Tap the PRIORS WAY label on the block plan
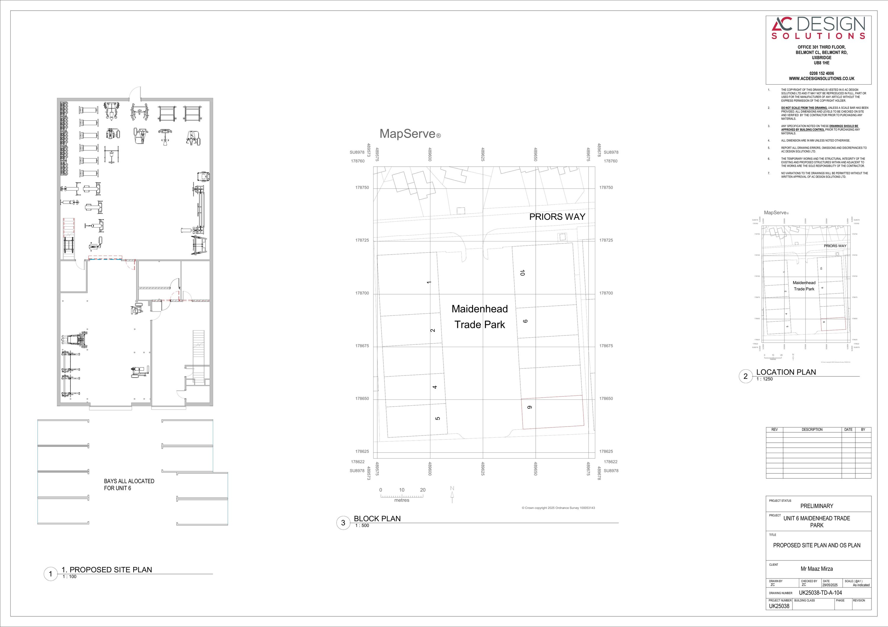click(557, 217)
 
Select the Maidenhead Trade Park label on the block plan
click(480, 317)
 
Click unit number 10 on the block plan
click(522, 273)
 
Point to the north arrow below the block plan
click(452, 495)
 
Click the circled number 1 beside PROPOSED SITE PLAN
click(50, 574)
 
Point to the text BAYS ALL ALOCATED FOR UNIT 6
click(129, 485)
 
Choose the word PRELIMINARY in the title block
click(816, 506)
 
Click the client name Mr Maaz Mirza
click(816, 569)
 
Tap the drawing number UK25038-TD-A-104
click(820, 593)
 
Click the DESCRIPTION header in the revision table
click(812, 429)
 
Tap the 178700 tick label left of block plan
click(362, 293)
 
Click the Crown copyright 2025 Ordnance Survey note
click(558, 508)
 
